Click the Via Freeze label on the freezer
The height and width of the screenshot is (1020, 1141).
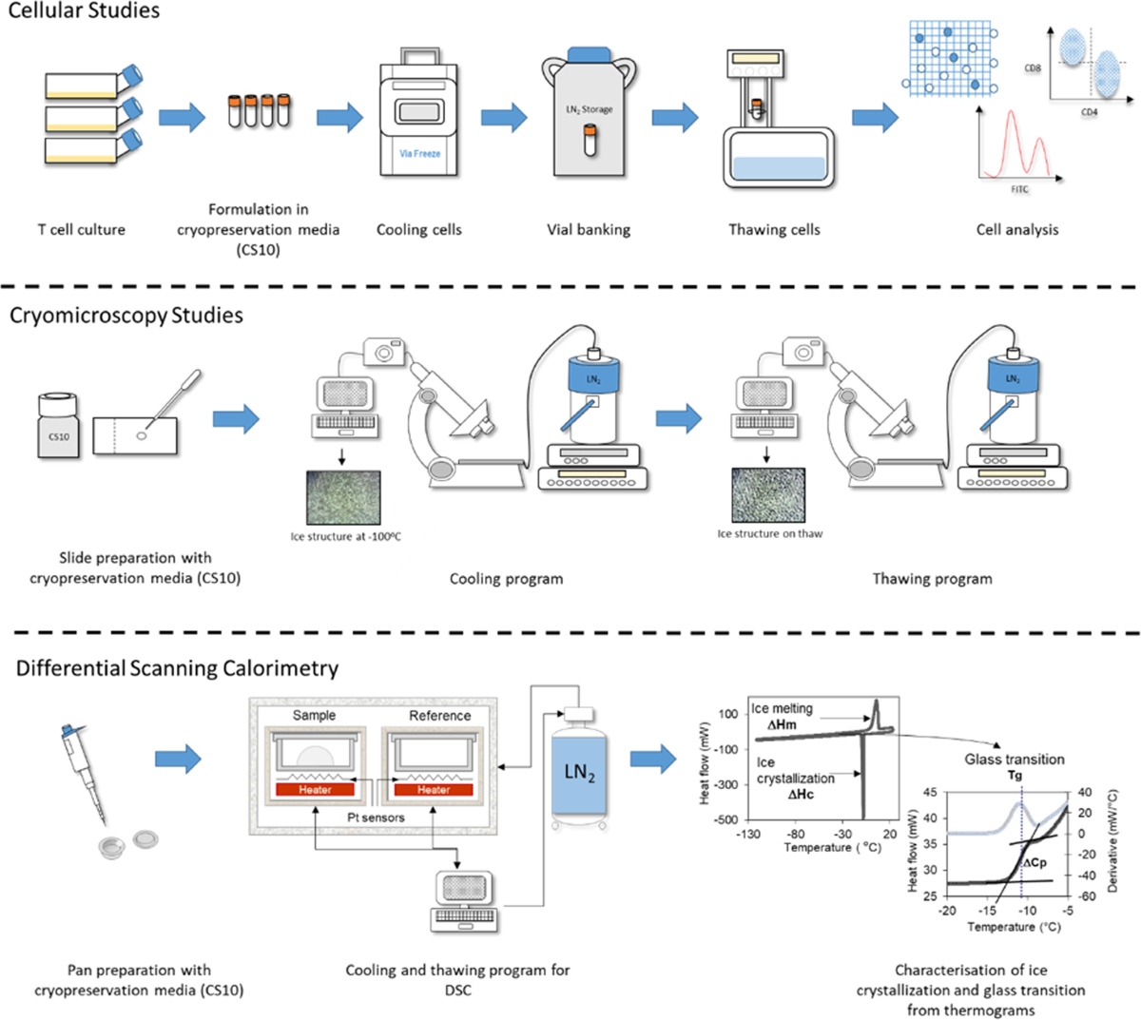[x=419, y=153]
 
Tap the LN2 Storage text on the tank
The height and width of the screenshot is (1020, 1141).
[x=590, y=109]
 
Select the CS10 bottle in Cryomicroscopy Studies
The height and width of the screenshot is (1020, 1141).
[x=59, y=425]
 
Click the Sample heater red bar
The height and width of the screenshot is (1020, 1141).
[x=315, y=789]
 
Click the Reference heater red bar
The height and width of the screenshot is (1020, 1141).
[x=433, y=789]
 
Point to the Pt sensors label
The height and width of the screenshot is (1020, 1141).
[x=376, y=818]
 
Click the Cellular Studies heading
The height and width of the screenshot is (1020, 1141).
[x=84, y=10]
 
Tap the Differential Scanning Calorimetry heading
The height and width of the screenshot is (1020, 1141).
[x=177, y=668]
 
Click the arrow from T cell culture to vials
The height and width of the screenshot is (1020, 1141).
[x=182, y=118]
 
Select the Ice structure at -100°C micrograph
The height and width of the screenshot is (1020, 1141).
[x=343, y=497]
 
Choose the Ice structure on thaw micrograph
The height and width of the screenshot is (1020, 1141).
[x=768, y=495]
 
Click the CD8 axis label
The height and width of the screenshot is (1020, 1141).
[x=1033, y=68]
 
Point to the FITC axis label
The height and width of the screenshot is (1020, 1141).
[x=1019, y=189]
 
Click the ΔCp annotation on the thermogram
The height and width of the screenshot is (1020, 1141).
[x=1035, y=862]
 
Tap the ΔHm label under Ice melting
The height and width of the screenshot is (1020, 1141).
[x=782, y=724]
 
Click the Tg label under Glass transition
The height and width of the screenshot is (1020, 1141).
[x=1015, y=776]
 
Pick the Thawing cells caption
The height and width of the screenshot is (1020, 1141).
[x=774, y=230]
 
